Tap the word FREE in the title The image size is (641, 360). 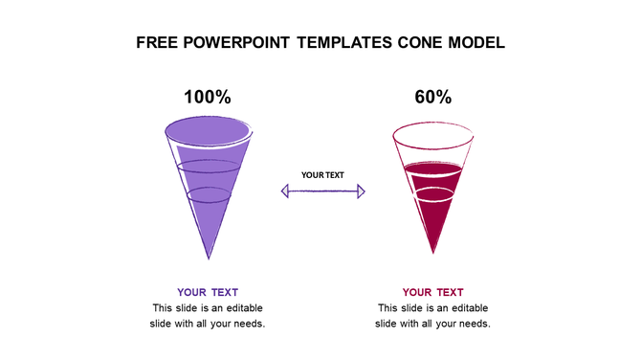159,43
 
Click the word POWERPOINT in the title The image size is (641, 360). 240,43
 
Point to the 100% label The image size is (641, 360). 208,97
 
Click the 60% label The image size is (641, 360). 433,97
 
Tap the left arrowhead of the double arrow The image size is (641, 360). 285,191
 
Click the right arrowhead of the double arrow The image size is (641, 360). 361,191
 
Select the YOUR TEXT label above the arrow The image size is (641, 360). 322,175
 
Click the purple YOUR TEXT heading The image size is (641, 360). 208,292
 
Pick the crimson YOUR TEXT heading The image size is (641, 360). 433,292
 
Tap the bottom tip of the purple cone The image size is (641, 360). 209,257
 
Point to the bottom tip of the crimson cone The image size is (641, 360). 433,252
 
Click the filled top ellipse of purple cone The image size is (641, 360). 208,129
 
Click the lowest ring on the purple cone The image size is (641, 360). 208,194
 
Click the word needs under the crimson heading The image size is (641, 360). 472,324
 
